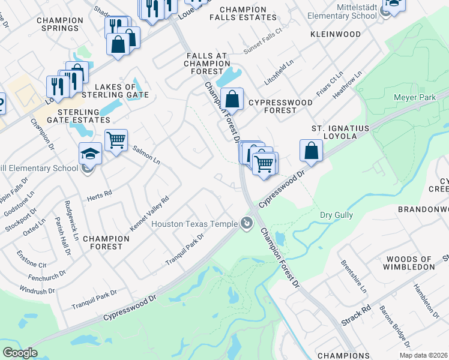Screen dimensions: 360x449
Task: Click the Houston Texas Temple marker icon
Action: [246, 223]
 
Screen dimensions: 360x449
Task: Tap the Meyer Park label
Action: [414, 97]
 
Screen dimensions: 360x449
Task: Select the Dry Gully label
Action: [336, 215]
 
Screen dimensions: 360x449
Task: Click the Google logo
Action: [20, 353]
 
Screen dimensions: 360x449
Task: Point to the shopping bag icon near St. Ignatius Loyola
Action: [311, 150]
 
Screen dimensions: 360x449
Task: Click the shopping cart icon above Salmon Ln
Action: [116, 140]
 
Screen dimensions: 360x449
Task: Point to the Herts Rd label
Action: [100, 193]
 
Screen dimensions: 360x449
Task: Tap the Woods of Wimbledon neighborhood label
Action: [410, 262]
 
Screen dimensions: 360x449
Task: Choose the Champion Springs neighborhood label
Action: [58, 24]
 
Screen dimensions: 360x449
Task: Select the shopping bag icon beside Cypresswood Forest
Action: [232, 99]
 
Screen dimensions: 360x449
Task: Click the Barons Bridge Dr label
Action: [395, 327]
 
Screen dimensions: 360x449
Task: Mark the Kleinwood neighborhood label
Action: [334, 35]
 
